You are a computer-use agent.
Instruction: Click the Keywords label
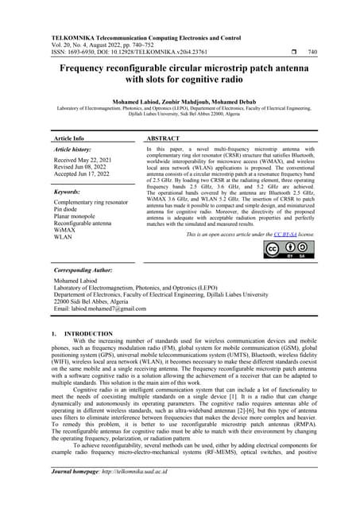point(69,192)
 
